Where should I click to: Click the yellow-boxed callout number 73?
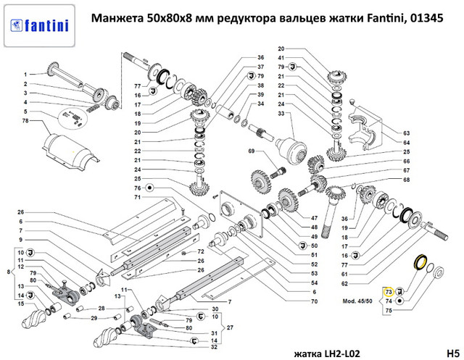[388, 290]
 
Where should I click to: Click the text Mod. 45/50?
[356, 298]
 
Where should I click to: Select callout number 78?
[25, 120]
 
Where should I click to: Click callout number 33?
[260, 114]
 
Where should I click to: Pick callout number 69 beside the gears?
[252, 151]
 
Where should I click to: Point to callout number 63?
[407, 134]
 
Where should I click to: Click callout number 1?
[24, 75]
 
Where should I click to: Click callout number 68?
[407, 180]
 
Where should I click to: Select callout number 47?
[313, 218]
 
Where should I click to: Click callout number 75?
[388, 309]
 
